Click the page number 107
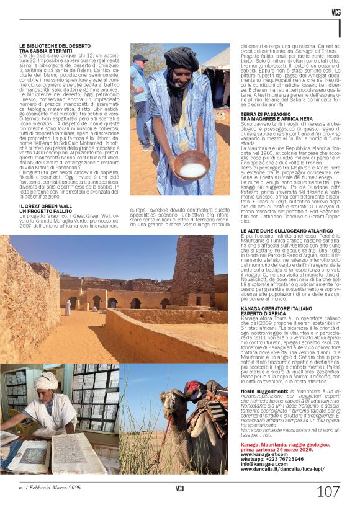(x=328, y=491)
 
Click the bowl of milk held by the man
(x=192, y=169)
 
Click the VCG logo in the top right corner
(x=336, y=12)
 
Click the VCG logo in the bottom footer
(x=179, y=488)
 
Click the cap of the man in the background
(x=141, y=57)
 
